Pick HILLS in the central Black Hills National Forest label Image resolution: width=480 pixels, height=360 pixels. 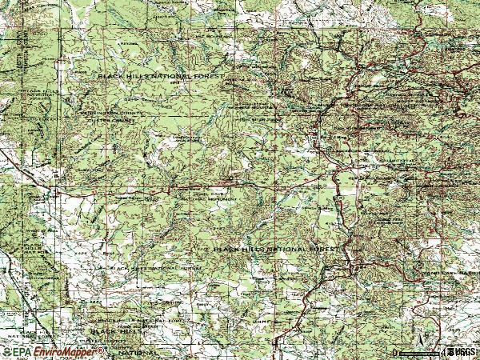pos(250,249)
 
